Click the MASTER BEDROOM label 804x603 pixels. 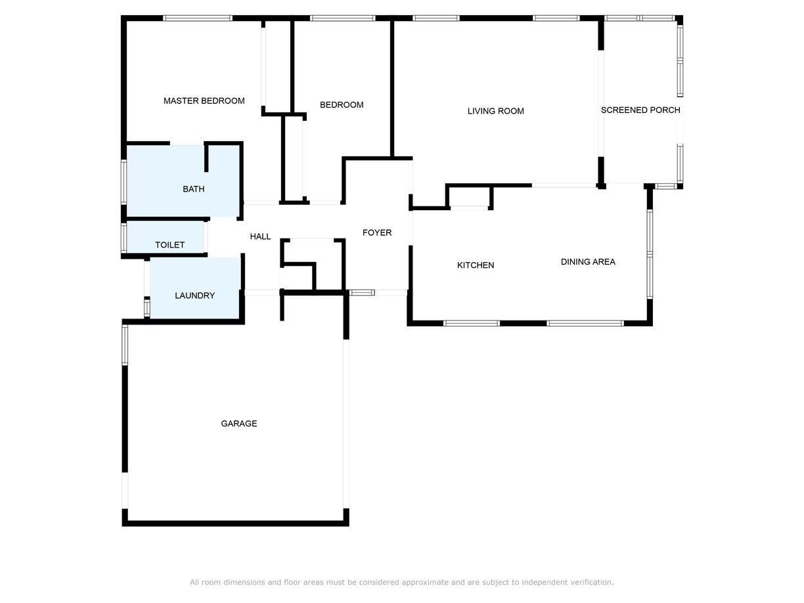[x=204, y=100]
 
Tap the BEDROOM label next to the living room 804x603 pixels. [x=342, y=104]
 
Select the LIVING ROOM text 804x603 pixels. [x=495, y=111]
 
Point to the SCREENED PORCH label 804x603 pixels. [x=640, y=110]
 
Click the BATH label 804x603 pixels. [x=193, y=189]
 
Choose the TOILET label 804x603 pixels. [x=169, y=244]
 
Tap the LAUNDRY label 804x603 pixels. [x=194, y=296]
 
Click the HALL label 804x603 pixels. [x=260, y=236]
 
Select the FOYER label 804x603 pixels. [x=377, y=233]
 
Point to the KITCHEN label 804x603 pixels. [x=476, y=265]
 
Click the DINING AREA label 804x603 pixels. [x=588, y=262]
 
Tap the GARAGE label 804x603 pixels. [x=239, y=424]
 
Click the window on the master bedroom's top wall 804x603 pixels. [x=198, y=18]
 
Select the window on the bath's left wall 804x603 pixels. [x=123, y=182]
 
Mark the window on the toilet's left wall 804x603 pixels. [x=123, y=238]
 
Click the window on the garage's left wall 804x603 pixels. [x=125, y=345]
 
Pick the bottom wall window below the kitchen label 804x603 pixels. [x=472, y=323]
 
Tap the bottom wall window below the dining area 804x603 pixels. [x=585, y=323]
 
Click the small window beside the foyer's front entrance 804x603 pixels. [x=361, y=292]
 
